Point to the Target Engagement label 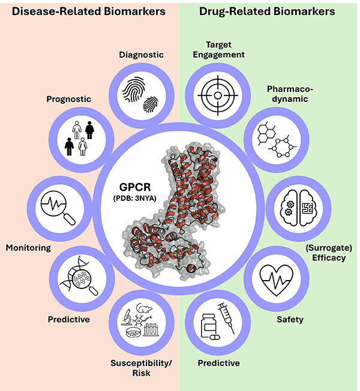(x=217, y=49)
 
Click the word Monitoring (x=29, y=247)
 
